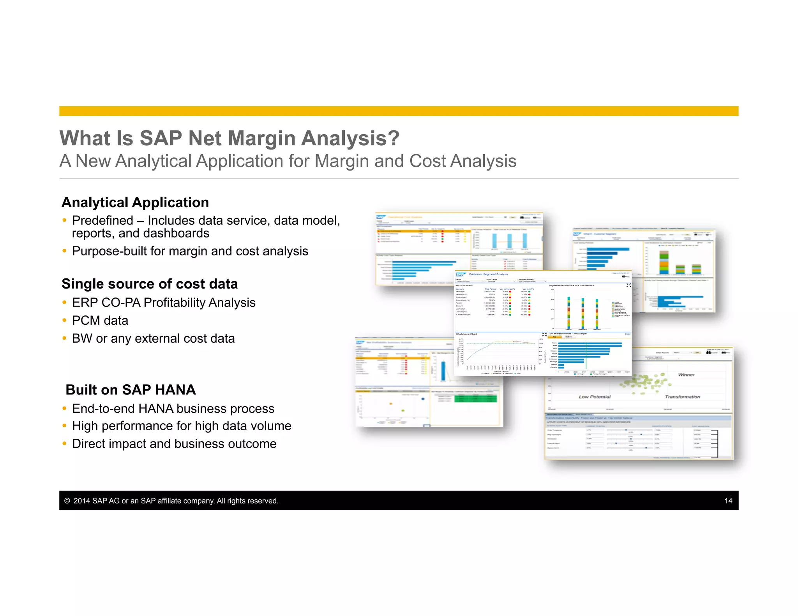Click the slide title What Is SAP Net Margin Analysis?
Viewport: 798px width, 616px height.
(x=229, y=138)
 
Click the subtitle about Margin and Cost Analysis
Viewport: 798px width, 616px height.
(x=288, y=161)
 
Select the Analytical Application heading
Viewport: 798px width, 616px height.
(x=135, y=202)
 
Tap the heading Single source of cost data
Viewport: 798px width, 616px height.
(x=150, y=284)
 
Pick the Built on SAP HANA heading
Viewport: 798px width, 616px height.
(x=131, y=390)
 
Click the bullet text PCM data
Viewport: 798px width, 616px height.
(x=100, y=320)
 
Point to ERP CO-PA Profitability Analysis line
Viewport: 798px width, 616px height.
(x=164, y=303)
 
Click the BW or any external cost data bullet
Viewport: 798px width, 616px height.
(x=153, y=338)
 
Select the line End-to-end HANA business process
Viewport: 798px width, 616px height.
(x=173, y=408)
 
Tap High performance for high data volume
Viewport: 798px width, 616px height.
(x=182, y=426)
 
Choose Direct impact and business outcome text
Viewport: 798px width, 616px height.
(x=174, y=444)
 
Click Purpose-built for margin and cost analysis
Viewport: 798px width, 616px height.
(x=190, y=251)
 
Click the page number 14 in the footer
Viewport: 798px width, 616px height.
(x=728, y=501)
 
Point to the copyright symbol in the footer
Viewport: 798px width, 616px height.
(x=67, y=501)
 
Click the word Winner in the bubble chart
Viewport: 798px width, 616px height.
(x=686, y=375)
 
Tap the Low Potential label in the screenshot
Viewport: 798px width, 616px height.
(x=595, y=397)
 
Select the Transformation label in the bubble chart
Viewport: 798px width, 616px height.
(x=682, y=397)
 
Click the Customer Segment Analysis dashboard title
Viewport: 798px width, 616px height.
(x=488, y=274)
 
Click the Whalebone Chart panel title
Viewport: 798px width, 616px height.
(x=466, y=334)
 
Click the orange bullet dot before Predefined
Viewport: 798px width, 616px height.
(x=64, y=220)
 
